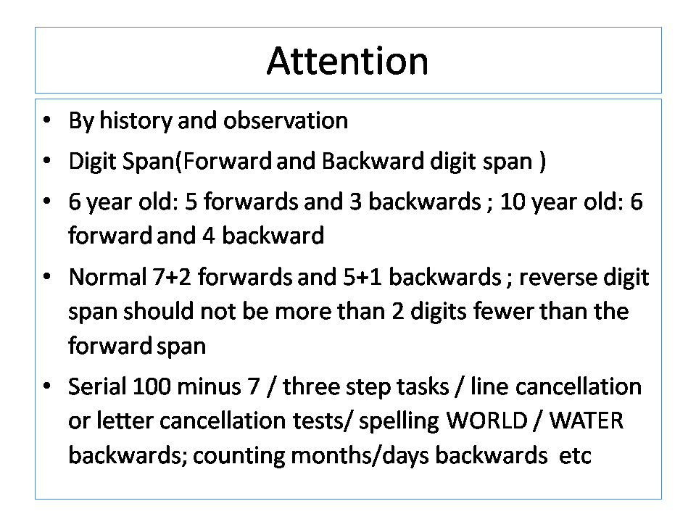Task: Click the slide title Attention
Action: pos(347,61)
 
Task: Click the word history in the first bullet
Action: pos(136,121)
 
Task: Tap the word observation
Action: pos(286,120)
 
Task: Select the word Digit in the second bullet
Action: pos(92,162)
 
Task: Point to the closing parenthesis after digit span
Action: pos(542,162)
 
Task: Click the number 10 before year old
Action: pos(513,202)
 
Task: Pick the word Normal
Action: pos(108,277)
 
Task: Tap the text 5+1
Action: pos(362,277)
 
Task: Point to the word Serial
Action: pos(97,386)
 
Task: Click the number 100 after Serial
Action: pos(152,386)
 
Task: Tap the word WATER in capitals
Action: pos(587,420)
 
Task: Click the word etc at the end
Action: pos(575,456)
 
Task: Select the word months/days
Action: pos(360,455)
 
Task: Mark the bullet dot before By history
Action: pos(47,120)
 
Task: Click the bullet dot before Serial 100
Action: pos(47,386)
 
